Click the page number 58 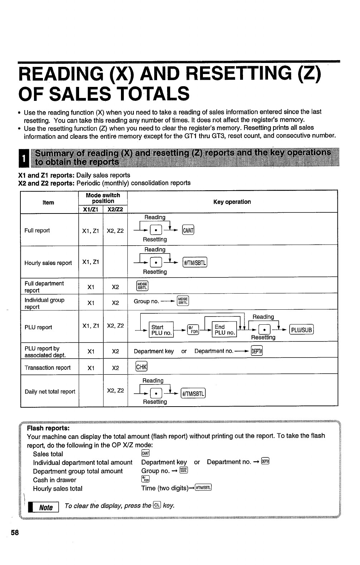tap(15, 532)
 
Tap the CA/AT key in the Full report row tap(188, 230)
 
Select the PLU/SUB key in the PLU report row tap(301, 330)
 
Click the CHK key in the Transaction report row tap(141, 367)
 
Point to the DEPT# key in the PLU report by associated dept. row tap(257, 351)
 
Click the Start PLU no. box tap(161, 330)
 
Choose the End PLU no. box tap(224, 330)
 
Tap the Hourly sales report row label tap(48, 263)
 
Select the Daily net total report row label tap(50, 392)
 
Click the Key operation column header tap(232, 202)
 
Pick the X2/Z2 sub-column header tap(115, 209)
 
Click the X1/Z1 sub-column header tap(91, 209)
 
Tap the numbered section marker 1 tap(24, 158)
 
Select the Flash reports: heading tap(48, 428)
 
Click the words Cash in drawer tap(54, 480)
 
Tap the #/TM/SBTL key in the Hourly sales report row tap(195, 263)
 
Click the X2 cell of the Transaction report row tap(115, 368)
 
